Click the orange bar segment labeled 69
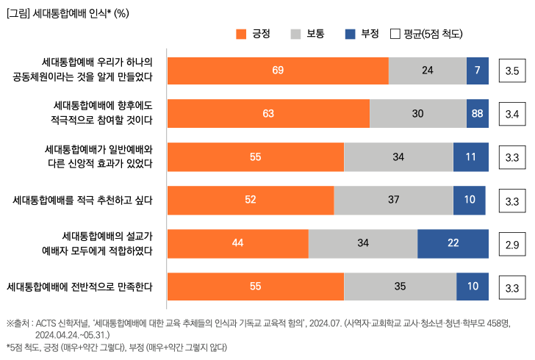tap(278, 71)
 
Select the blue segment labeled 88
tap(477, 114)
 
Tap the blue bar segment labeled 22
tap(453, 244)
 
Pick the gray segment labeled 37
tap(393, 201)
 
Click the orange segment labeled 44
tap(237, 244)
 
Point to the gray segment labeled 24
tap(427, 71)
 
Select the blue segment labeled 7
tap(477, 71)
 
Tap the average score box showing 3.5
tap(512, 71)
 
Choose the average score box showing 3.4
tap(512, 115)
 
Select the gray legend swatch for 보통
tap(296, 34)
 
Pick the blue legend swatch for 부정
tap(350, 34)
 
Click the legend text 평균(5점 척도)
tap(433, 34)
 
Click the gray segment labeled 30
tap(417, 114)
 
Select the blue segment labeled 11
tap(470, 157)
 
